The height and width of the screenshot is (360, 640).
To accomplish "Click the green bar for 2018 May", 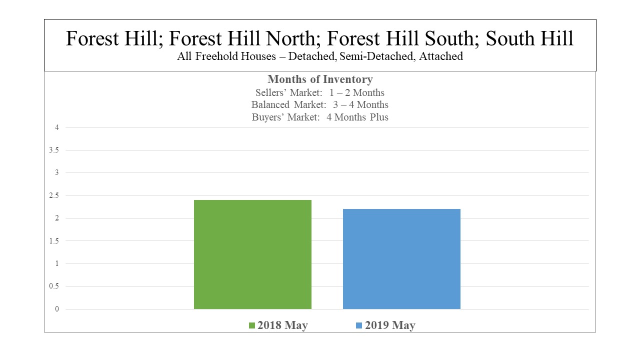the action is (x=252, y=254).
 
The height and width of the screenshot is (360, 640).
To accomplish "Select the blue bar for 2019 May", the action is (x=401, y=259).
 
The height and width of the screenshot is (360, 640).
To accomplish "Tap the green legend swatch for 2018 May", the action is (x=251, y=325).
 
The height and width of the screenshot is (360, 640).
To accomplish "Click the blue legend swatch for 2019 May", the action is (x=359, y=325).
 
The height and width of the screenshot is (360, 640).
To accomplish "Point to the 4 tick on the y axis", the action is (x=57, y=127).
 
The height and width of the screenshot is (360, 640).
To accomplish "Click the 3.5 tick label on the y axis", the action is (x=53, y=150).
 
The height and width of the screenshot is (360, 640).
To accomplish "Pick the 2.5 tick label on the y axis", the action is (x=53, y=195).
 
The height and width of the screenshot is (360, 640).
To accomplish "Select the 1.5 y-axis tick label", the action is (x=53, y=241).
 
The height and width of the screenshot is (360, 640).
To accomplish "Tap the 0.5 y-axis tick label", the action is (x=53, y=286).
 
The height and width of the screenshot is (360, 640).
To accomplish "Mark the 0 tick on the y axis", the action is (x=57, y=309).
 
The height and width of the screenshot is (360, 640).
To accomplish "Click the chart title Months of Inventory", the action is (x=320, y=79).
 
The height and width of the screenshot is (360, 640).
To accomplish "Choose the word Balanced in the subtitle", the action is (x=270, y=104).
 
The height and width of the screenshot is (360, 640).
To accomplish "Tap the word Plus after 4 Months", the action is (x=379, y=117).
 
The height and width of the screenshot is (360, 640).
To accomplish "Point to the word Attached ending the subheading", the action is (x=441, y=56).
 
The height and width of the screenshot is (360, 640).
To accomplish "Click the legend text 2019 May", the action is (x=390, y=325).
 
